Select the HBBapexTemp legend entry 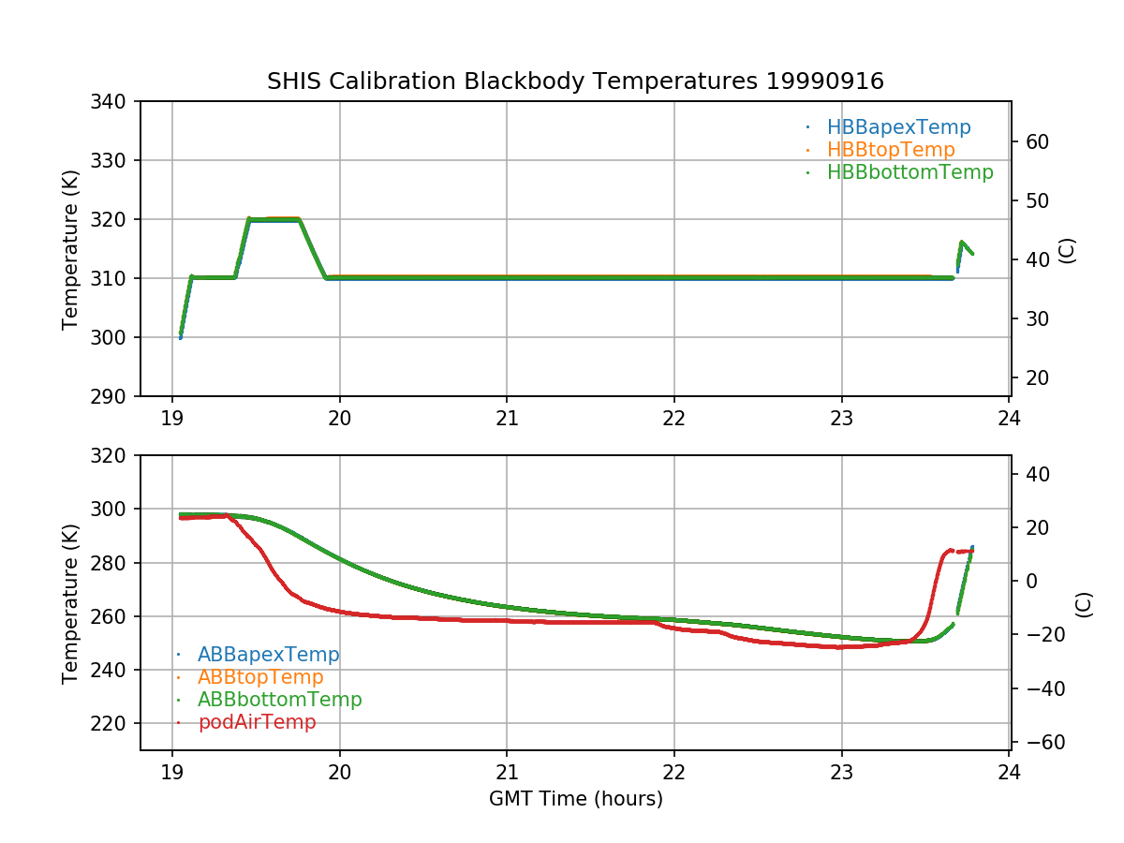pyautogui.click(x=898, y=127)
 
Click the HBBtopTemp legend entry pyautogui.click(x=891, y=150)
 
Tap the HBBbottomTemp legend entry pyautogui.click(x=910, y=172)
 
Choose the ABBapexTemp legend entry pyautogui.click(x=268, y=655)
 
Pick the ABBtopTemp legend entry pyautogui.click(x=260, y=677)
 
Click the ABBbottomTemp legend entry pyautogui.click(x=279, y=700)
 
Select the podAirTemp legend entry pyautogui.click(x=257, y=722)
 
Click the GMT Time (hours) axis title pyautogui.click(x=575, y=799)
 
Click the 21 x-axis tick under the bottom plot pyautogui.click(x=507, y=772)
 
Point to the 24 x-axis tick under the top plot pyautogui.click(x=1009, y=418)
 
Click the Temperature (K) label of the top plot pyautogui.click(x=70, y=249)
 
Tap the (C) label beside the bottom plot pyautogui.click(x=1084, y=603)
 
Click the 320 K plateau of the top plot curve pyautogui.click(x=274, y=219)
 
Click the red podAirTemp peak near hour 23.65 pyautogui.click(x=950, y=550)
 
